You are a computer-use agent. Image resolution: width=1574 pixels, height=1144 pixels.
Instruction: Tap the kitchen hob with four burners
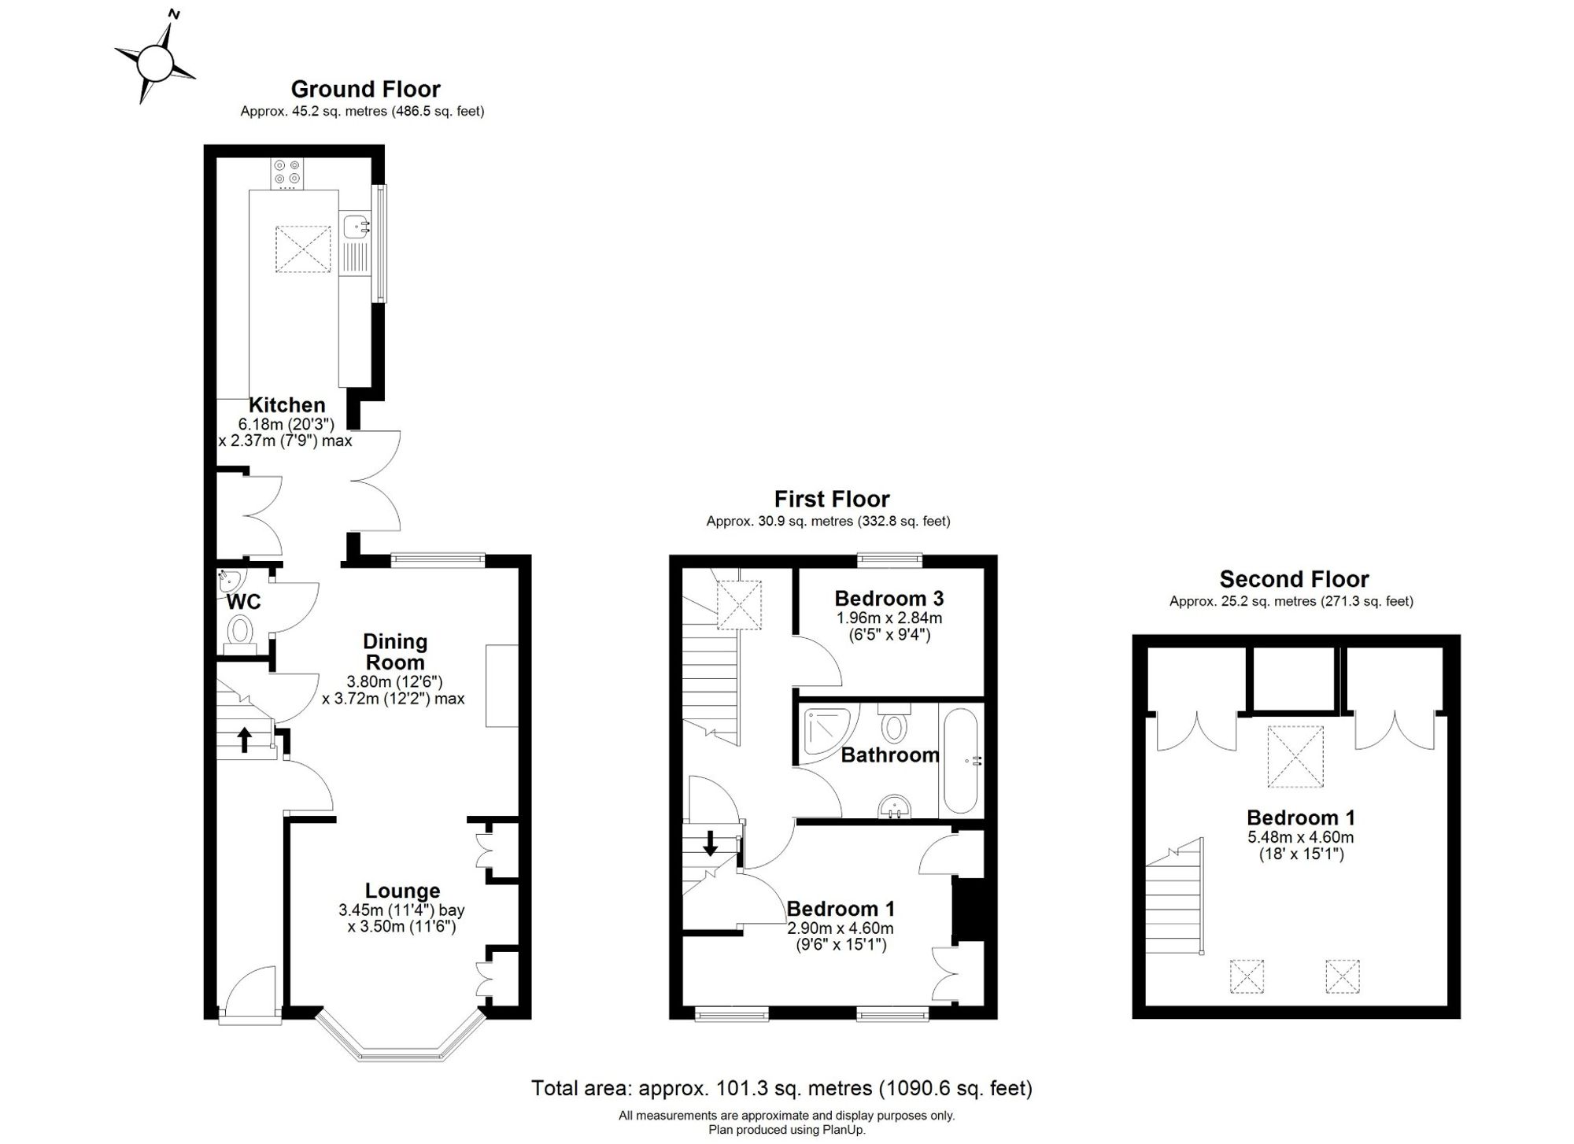[x=287, y=174]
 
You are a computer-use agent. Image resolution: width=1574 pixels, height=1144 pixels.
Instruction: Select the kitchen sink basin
[x=356, y=227]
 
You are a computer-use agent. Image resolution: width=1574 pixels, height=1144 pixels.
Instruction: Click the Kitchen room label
[x=286, y=405]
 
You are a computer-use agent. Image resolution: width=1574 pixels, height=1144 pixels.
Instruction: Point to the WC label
[x=244, y=603]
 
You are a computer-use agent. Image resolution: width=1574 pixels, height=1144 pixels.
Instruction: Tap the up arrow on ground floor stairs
[x=245, y=739]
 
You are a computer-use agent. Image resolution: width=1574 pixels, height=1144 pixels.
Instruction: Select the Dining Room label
[x=395, y=651]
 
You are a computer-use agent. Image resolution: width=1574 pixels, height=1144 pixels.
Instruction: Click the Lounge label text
[x=402, y=891]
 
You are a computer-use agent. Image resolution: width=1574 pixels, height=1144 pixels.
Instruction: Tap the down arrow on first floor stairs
[x=710, y=843]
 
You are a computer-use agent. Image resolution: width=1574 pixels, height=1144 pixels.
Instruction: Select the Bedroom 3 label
[x=889, y=598]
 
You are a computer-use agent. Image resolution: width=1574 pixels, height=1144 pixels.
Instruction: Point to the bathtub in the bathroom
[x=960, y=761]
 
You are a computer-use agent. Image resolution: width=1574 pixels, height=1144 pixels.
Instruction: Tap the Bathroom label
[x=890, y=755]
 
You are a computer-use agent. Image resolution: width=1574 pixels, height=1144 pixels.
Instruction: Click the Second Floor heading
[x=1295, y=579]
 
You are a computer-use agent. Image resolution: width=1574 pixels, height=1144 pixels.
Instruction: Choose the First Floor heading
[x=832, y=499]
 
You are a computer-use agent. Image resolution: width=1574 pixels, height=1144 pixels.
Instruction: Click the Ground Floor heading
[x=366, y=89]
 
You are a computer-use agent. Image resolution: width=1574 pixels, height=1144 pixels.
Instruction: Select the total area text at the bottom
[x=781, y=1088]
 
